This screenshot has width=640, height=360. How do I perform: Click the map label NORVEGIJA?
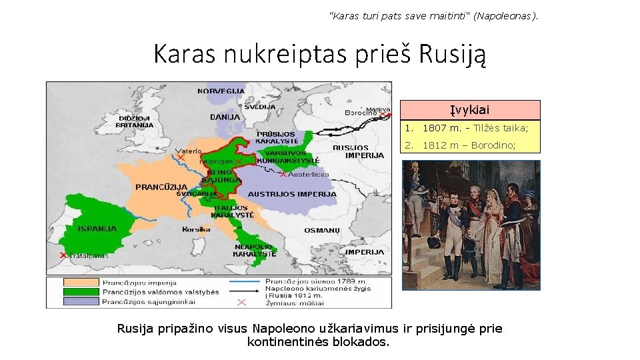click(x=221, y=90)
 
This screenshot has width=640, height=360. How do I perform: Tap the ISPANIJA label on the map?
click(x=97, y=229)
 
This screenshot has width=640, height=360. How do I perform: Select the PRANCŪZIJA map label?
click(x=161, y=187)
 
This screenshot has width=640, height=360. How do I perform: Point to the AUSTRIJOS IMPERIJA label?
click(x=292, y=194)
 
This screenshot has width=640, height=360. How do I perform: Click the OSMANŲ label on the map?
click(x=322, y=230)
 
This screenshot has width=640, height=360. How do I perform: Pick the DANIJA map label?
click(x=225, y=117)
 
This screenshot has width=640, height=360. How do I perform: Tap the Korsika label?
click(x=196, y=229)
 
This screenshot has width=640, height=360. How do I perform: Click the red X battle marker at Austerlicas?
click(x=283, y=175)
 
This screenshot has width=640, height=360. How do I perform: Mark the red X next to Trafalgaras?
click(x=63, y=255)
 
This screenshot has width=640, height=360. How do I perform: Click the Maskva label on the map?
click(x=378, y=109)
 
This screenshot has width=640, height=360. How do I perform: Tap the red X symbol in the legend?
click(x=241, y=302)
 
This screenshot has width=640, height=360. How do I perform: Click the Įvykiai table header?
click(x=469, y=109)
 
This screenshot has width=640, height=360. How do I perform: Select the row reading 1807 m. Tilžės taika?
click(x=469, y=128)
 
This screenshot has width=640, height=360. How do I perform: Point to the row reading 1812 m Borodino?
click(x=469, y=145)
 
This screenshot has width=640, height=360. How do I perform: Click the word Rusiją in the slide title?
click(x=453, y=53)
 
